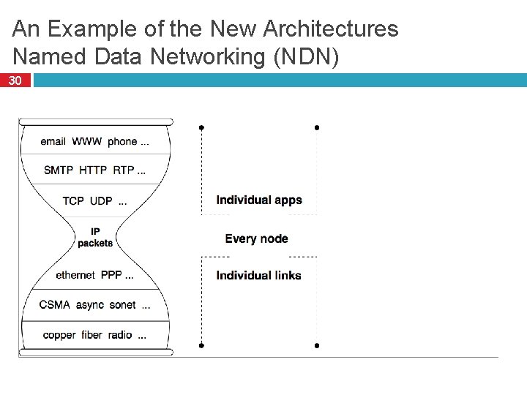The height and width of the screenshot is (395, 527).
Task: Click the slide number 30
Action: [x=15, y=81]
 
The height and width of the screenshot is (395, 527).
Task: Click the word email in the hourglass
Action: [x=53, y=141]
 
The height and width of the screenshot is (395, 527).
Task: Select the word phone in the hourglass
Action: [x=122, y=141]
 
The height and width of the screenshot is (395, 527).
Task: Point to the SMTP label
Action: [x=59, y=170]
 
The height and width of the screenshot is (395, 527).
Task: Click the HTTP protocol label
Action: [x=93, y=170]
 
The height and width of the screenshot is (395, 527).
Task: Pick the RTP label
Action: [x=123, y=170]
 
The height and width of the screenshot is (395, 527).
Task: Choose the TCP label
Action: [x=73, y=200]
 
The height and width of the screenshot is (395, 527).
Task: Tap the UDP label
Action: [x=101, y=200]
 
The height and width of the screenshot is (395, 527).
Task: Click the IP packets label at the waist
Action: [x=95, y=238]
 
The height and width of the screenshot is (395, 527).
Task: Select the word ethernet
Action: [x=75, y=276]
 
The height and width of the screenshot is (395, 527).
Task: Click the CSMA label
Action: [x=56, y=305]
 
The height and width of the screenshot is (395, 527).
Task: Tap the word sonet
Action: [x=122, y=305]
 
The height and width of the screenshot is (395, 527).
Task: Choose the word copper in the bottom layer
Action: [x=59, y=335]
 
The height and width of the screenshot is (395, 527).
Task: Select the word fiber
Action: [x=91, y=335]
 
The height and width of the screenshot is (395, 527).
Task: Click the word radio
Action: [x=119, y=335]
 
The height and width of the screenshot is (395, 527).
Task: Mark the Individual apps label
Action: [x=259, y=200]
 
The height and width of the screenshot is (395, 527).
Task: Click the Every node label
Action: [x=256, y=238]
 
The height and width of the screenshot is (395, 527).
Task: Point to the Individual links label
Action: [x=258, y=276]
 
